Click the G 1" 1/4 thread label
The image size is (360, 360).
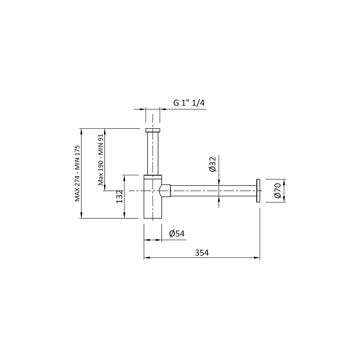tap(189, 103)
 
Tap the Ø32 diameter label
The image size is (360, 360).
tap(213, 164)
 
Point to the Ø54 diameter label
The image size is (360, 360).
tap(177, 233)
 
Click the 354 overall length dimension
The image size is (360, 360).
tap(202, 253)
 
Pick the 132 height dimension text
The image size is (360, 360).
tap(120, 196)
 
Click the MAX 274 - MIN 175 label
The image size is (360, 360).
tap(77, 173)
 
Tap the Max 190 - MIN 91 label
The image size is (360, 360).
tap(101, 160)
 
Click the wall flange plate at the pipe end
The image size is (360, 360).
tap(258, 190)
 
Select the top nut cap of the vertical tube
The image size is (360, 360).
tap(153, 130)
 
